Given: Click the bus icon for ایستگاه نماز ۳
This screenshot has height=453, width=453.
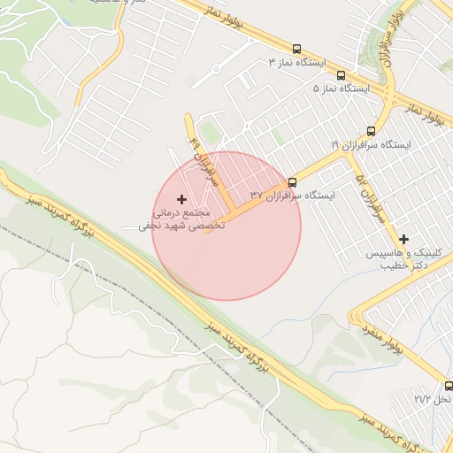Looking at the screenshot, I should (296, 50).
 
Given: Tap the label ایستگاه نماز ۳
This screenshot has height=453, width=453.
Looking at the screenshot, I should (298, 63).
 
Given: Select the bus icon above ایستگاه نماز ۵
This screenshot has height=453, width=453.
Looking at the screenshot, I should (342, 75).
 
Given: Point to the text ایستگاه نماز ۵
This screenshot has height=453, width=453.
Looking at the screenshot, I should (342, 89).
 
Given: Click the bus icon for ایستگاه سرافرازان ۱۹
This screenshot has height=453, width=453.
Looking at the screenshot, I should (370, 131).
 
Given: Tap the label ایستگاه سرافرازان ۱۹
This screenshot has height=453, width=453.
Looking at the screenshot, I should (369, 144).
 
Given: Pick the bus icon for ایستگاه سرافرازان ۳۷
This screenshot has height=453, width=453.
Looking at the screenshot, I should (293, 182).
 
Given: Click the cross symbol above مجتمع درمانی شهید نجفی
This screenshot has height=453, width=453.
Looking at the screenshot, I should (182, 200).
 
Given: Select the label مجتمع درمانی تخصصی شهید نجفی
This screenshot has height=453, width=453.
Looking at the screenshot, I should (182, 219).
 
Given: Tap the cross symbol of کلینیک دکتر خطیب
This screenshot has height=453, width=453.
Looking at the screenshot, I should (404, 239).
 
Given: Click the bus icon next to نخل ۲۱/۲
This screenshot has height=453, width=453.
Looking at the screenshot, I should (449, 386).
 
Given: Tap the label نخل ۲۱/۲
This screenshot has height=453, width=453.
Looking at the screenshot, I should (434, 400).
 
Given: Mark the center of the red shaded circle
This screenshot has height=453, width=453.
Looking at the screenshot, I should (226, 226).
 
